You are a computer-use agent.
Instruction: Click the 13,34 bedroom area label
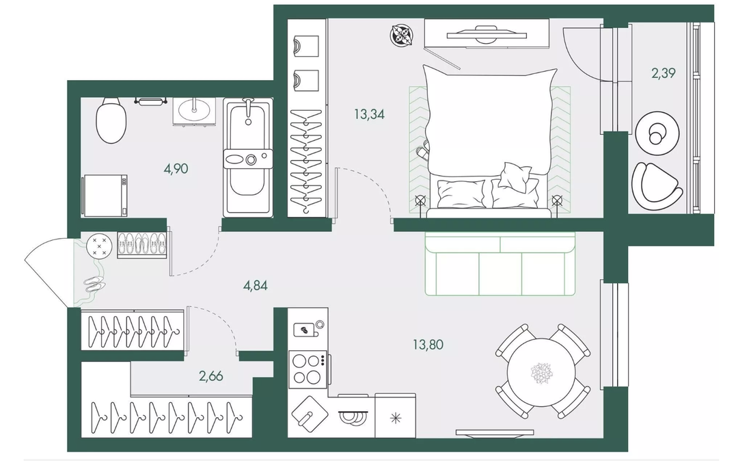pos(370,114)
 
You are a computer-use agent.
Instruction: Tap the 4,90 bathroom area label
pos(176,168)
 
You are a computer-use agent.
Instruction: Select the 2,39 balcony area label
pos(663,73)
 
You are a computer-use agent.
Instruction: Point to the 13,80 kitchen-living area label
pos(428,345)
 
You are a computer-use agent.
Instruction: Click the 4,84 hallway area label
pos(255,285)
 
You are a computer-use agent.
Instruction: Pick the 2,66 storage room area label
pos(210,376)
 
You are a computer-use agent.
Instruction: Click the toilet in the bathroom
pos(111,120)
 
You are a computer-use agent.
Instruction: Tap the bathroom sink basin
pos(194,111)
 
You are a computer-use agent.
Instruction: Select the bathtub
pos(247,158)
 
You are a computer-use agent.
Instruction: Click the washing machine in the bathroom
pos(105,196)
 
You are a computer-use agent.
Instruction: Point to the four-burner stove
pos(309,369)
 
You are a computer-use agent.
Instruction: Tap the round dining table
pos(542,372)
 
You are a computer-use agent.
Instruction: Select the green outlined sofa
pos(501,264)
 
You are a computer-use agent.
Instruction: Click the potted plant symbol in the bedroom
pos(402,36)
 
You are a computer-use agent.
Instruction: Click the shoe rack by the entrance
pos(141,244)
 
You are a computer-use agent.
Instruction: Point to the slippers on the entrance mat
pos(94,283)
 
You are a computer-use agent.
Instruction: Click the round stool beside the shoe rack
pos(99,246)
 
